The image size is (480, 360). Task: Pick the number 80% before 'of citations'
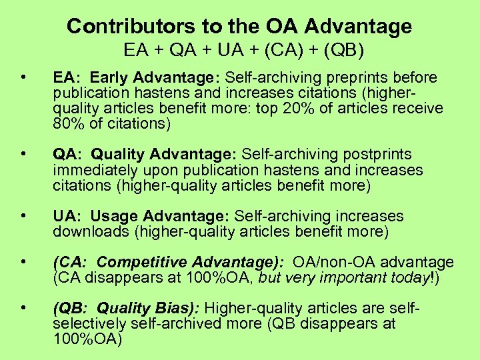[x=67, y=123]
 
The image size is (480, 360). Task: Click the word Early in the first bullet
[x=110, y=78]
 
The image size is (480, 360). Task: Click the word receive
[x=419, y=108]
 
